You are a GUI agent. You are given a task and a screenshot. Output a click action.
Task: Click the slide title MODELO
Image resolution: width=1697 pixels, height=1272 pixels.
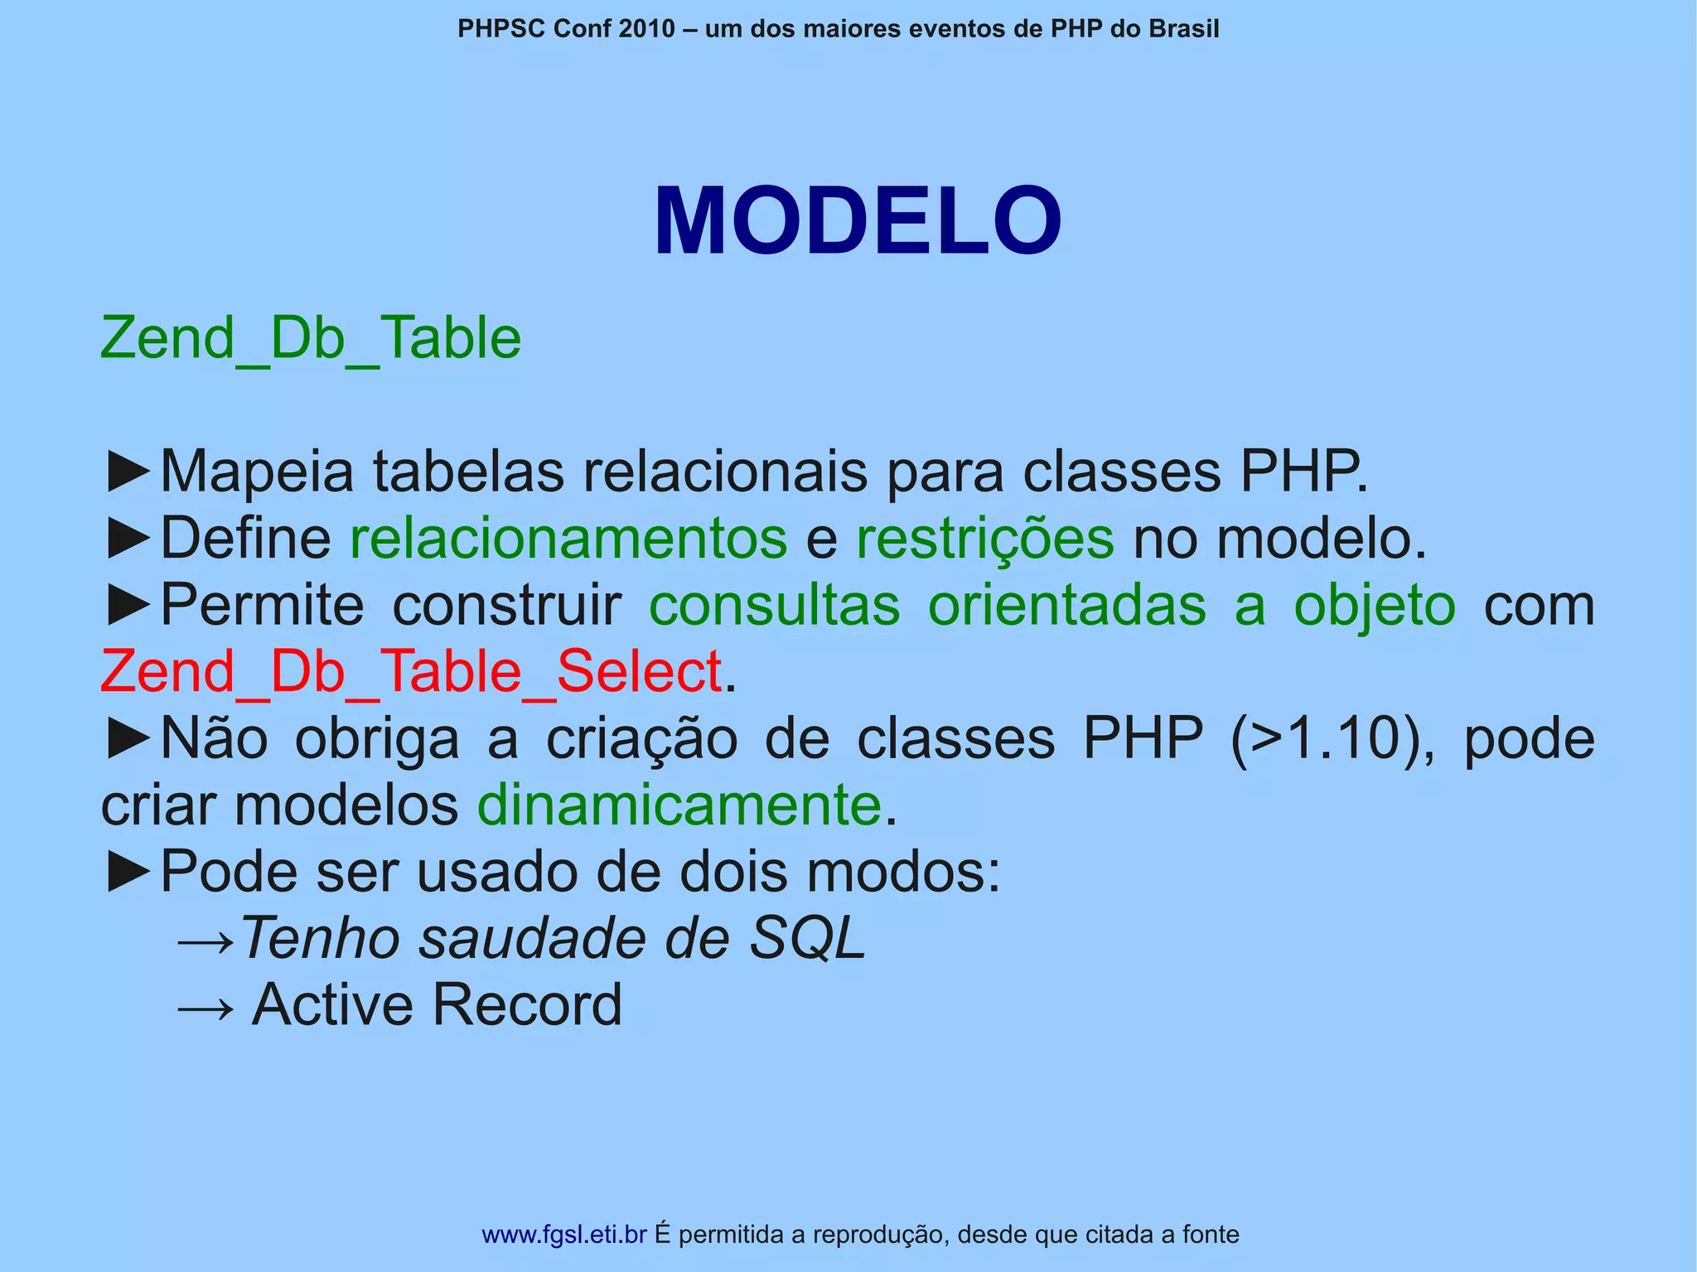pos(857,222)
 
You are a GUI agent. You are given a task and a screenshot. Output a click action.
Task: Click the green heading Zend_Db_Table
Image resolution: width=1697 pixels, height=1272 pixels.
pos(311,338)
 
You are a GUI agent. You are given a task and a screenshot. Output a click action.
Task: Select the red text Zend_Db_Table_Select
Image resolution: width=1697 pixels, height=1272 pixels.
pos(411,671)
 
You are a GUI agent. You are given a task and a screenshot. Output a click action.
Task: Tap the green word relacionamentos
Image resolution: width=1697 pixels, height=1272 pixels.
pos(568,539)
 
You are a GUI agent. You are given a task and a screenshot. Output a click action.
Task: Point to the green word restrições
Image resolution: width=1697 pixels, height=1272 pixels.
pos(984,539)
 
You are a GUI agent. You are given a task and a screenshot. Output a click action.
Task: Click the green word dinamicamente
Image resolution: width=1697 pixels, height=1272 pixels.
pos(679,805)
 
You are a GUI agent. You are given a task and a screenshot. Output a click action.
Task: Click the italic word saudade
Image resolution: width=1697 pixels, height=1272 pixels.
pos(533,938)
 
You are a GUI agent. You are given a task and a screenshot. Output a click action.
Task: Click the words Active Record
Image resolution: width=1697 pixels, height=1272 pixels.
pos(437,1005)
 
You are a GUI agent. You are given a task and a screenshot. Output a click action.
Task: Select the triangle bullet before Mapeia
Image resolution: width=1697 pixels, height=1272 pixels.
pos(128,472)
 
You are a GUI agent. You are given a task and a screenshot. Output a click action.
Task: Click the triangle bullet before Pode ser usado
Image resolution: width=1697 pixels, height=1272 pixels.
pos(128,873)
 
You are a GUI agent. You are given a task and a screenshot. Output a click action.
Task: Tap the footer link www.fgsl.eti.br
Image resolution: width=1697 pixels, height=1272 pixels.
pos(563,1235)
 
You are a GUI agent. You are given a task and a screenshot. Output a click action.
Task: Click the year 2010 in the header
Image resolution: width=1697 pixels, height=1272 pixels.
pos(646,29)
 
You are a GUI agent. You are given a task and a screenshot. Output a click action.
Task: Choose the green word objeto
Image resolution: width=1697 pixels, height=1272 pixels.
pos(1375,606)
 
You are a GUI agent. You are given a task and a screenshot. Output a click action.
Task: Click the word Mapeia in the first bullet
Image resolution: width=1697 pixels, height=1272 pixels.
pos(257,472)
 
